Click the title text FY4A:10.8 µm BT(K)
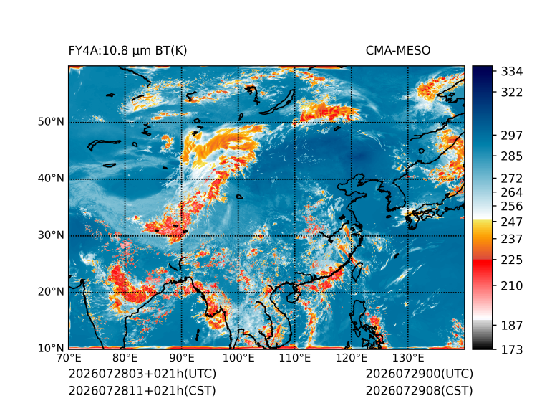point(127,51)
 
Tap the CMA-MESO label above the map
point(398,51)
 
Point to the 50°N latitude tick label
point(51,122)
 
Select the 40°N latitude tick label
point(51,179)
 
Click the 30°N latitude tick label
point(51,235)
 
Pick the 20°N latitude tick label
point(51,292)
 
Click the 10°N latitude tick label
point(51,349)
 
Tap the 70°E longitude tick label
point(69,358)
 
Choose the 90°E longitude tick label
point(181,358)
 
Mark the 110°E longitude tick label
point(295,358)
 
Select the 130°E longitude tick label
point(408,358)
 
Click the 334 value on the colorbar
point(512,72)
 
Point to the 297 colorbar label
point(512,136)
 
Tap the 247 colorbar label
point(512,222)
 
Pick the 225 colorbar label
point(512,260)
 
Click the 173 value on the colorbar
point(512,349)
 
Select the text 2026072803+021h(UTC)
point(142,374)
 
